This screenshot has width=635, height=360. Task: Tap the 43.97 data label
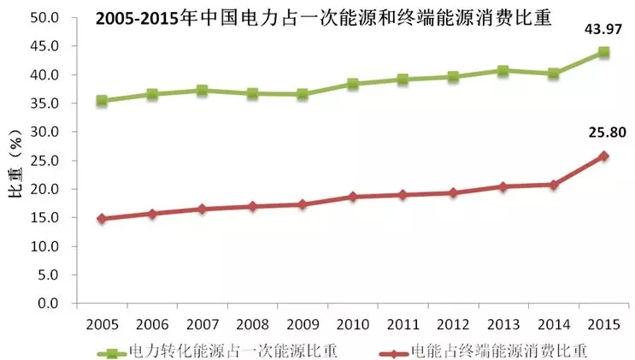tap(603, 31)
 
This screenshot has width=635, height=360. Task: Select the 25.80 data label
tap(603, 133)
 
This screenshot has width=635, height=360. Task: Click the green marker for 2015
tap(603, 52)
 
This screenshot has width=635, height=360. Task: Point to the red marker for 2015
tap(603, 156)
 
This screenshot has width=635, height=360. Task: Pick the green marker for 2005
tap(102, 101)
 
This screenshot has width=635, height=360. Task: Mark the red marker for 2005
tap(102, 218)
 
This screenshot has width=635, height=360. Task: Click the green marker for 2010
tap(352, 84)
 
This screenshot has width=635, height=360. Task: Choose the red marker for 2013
tap(503, 186)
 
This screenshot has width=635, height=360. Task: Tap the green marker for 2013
tap(503, 71)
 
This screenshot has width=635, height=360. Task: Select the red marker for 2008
tap(252, 206)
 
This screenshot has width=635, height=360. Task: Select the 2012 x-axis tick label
tap(452, 325)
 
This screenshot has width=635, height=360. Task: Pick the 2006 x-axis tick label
tap(151, 325)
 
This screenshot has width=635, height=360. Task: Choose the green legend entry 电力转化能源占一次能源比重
tap(217, 350)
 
